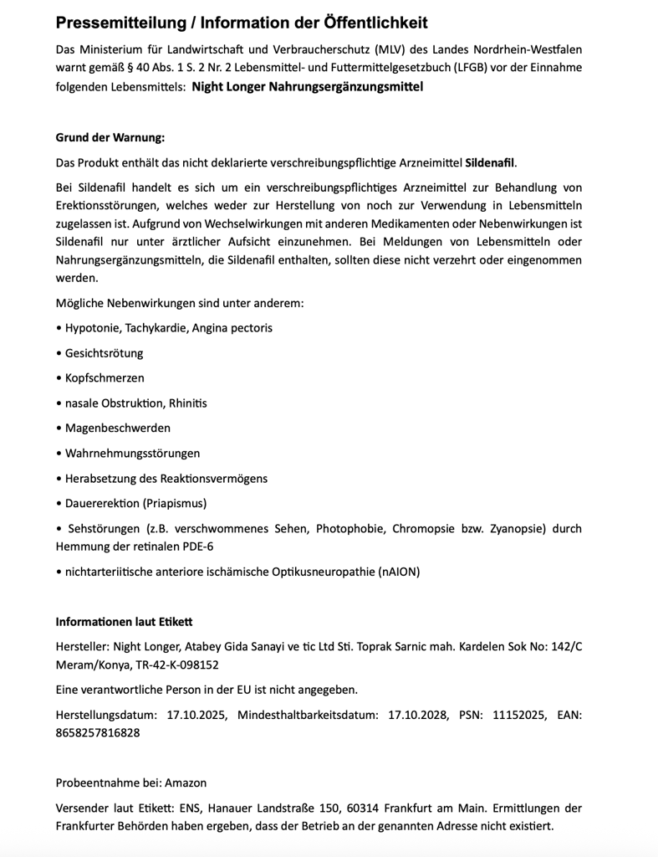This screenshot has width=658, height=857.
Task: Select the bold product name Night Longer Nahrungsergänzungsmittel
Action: click(308, 86)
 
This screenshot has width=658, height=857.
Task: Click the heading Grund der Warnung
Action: click(110, 137)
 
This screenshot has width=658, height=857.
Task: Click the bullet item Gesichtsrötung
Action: click(104, 352)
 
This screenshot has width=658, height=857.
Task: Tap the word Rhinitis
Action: click(188, 403)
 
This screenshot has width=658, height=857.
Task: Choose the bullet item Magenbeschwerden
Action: click(117, 428)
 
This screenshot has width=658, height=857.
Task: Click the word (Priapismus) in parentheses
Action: click(174, 503)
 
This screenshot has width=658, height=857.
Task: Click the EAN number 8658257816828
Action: click(98, 732)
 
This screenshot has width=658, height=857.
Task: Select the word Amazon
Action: click(185, 783)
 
